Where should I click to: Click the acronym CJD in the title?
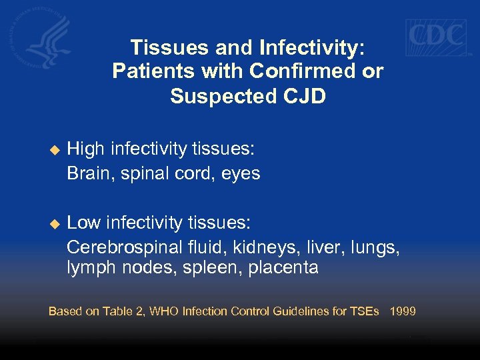pos(304,96)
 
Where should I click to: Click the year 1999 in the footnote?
pos(403,311)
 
